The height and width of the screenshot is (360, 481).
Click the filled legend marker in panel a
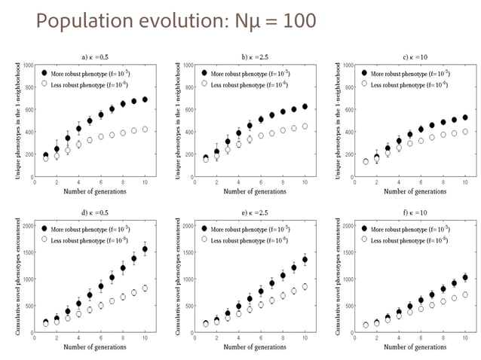(x=44, y=73)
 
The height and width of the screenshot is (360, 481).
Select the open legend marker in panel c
(x=365, y=84)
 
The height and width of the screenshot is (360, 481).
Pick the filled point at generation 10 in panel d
(x=146, y=249)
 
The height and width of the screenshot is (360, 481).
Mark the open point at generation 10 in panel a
(x=146, y=129)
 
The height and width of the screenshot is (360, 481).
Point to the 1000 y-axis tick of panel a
(x=27, y=66)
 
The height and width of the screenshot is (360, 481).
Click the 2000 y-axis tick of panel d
(x=25, y=226)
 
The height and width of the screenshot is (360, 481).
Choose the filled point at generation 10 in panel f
(x=465, y=277)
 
